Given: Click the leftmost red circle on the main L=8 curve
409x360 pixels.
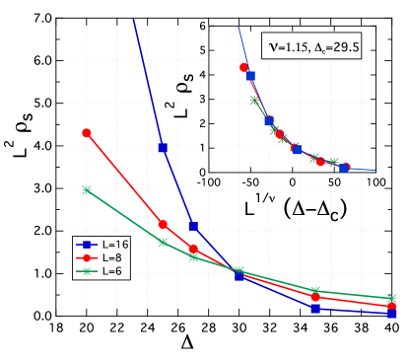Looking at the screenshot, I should click(x=87, y=132).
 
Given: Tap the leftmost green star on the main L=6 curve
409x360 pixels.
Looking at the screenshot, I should click(x=87, y=189).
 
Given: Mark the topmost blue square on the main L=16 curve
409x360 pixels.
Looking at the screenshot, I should click(x=163, y=148).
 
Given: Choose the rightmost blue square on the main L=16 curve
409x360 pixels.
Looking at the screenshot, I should click(x=392, y=314).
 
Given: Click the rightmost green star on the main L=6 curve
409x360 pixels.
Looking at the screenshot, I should click(x=392, y=298).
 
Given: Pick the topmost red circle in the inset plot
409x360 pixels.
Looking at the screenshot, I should click(x=243, y=67).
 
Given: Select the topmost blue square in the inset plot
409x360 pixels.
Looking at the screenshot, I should click(x=250, y=76).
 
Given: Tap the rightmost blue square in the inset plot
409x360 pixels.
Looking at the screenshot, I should click(x=343, y=168).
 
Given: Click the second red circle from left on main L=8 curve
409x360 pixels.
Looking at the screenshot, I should click(x=163, y=225).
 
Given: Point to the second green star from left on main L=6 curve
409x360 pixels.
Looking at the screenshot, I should click(x=163, y=242).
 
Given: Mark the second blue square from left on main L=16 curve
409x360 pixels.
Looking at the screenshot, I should click(x=193, y=227).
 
